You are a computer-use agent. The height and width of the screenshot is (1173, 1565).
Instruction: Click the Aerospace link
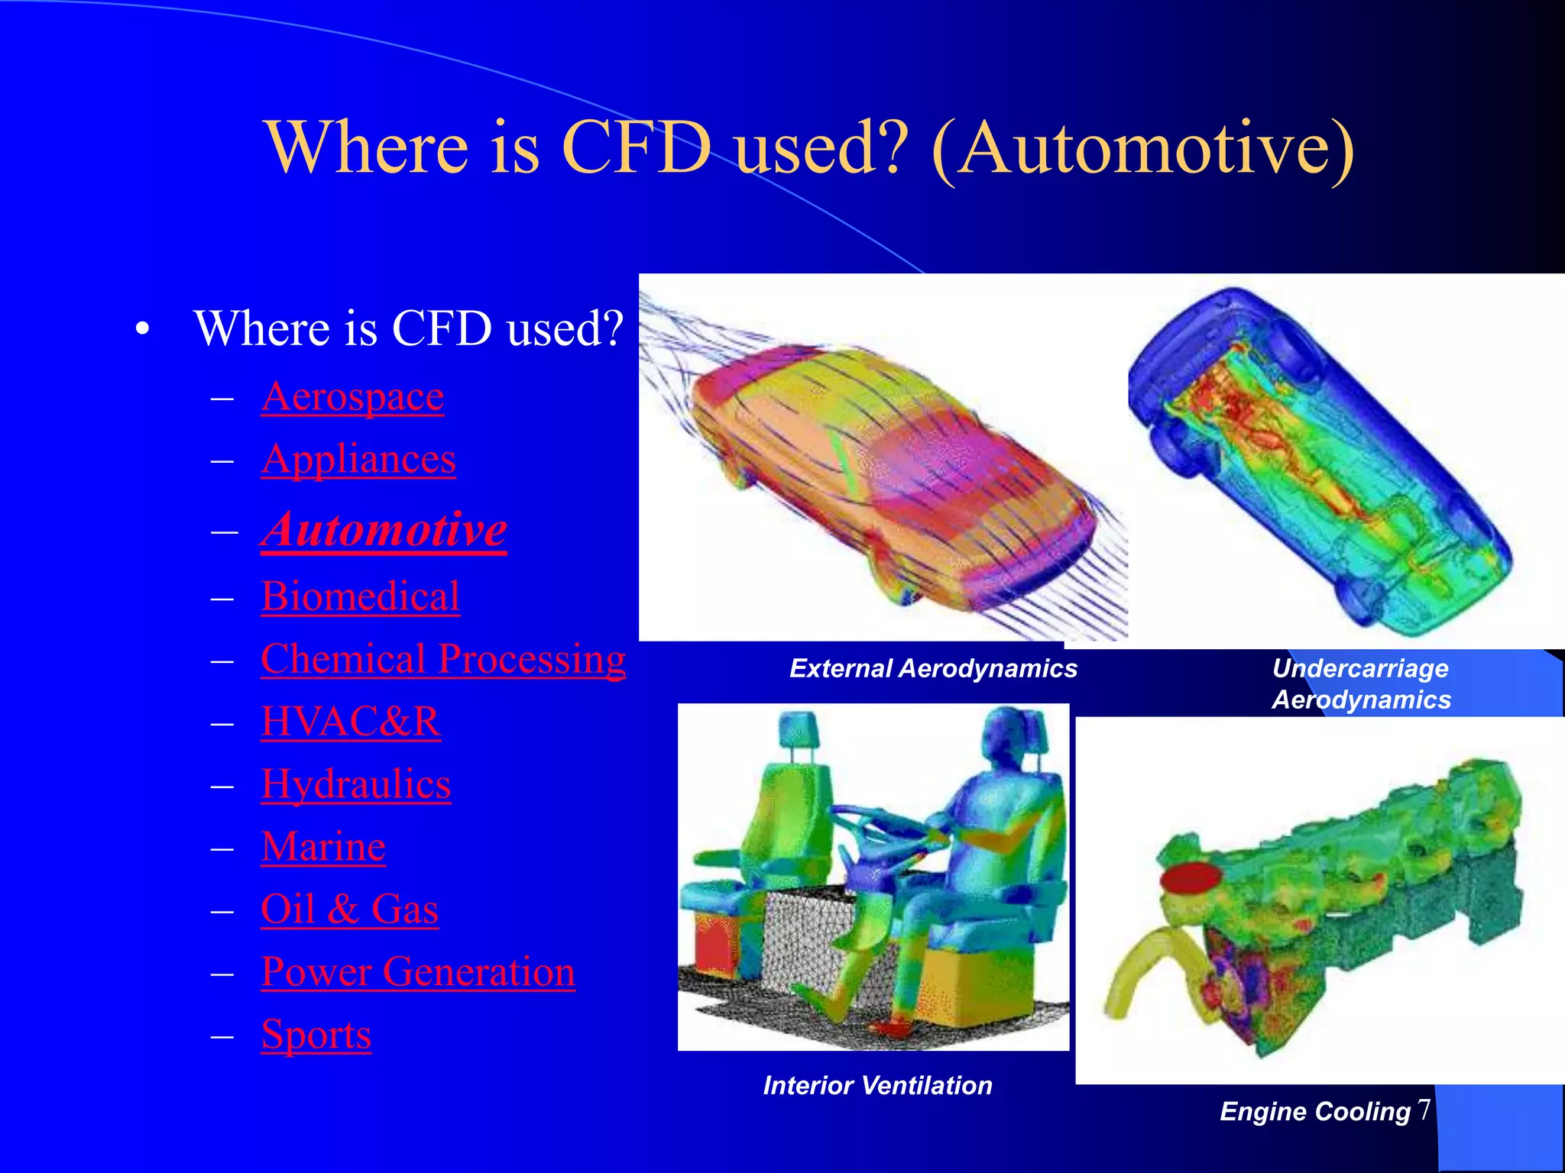(352, 397)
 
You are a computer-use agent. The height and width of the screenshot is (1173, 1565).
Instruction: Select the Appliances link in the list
(358, 460)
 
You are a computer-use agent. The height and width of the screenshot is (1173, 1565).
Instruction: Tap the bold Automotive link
(384, 529)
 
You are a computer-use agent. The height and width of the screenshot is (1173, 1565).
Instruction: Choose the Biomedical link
(360, 596)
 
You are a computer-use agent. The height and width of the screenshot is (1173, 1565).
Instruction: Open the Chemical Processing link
(443, 659)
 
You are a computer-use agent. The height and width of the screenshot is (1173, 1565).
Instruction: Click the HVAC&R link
(351, 722)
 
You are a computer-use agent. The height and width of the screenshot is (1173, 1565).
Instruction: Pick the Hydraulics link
(356, 784)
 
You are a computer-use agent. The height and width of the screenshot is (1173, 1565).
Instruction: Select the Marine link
(323, 847)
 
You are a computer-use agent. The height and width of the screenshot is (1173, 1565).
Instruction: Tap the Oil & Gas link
(349, 910)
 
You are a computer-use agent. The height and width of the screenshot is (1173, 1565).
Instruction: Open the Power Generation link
(418, 972)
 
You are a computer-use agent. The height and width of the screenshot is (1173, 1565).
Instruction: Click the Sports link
(316, 1035)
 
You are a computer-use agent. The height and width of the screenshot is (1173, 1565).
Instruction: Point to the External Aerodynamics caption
(933, 669)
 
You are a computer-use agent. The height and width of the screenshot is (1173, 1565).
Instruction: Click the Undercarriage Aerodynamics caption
(1361, 684)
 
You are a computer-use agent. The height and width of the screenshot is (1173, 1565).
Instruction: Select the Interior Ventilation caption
(877, 1085)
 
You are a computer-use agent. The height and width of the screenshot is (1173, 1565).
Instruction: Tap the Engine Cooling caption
(1315, 1112)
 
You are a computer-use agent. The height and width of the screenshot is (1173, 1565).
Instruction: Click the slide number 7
(1424, 1109)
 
